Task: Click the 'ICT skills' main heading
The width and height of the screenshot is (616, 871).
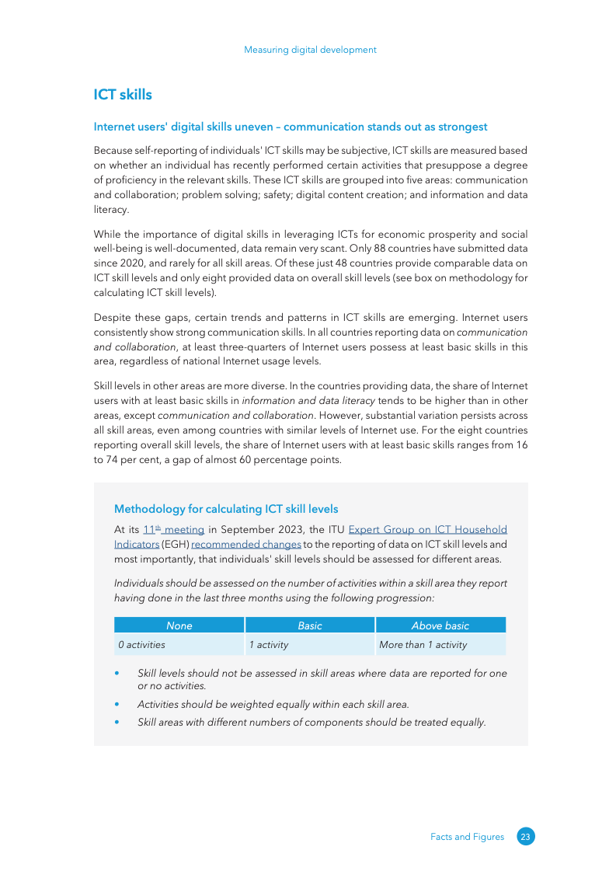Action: pos(123,95)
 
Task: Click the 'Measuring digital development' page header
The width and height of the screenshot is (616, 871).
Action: pos(310,50)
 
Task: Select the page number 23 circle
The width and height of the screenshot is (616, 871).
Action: pos(526,837)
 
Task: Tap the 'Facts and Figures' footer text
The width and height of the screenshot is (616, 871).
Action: pos(467,837)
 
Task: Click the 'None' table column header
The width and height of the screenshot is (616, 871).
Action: pos(179,625)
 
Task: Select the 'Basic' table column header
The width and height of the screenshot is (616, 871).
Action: pos(310,625)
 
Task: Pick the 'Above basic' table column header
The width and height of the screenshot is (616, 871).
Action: pos(440,625)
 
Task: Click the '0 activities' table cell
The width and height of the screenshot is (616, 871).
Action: pos(141,645)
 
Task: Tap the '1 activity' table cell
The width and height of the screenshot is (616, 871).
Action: pos(269,645)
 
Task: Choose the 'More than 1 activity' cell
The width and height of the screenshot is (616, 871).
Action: pos(423,645)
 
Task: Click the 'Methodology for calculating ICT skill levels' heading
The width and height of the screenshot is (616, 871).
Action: pos(226,509)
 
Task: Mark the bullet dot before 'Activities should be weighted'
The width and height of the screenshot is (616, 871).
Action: pos(117,705)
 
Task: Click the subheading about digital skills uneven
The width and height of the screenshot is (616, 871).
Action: pos(291,127)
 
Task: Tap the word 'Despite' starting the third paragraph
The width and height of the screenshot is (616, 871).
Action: pos(112,317)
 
